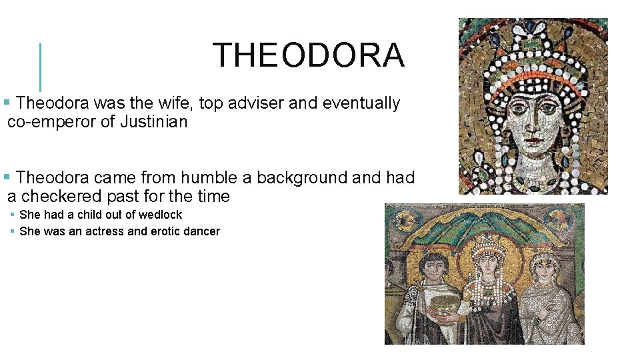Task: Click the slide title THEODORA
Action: pos(308,55)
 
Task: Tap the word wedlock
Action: pos(160,215)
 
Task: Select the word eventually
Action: pos(361,103)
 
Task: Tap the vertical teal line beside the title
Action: pos(41,67)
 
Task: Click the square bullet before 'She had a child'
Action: pos(13,215)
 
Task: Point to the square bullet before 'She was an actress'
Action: pos(13,231)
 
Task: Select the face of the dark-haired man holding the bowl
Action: pos(435,269)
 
